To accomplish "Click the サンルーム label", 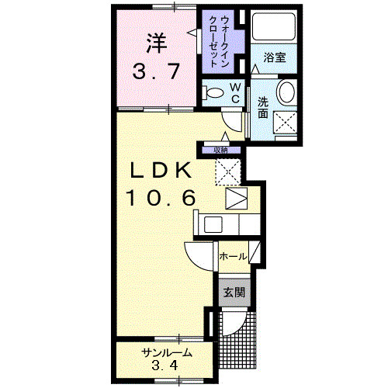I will (166, 354).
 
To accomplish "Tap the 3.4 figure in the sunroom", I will (166, 365).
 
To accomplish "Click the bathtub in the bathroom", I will (273, 29).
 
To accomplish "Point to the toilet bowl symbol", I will (214, 92).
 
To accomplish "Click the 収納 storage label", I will (222, 149).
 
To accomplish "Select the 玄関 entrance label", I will (234, 293).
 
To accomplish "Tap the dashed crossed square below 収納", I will (230, 171).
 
